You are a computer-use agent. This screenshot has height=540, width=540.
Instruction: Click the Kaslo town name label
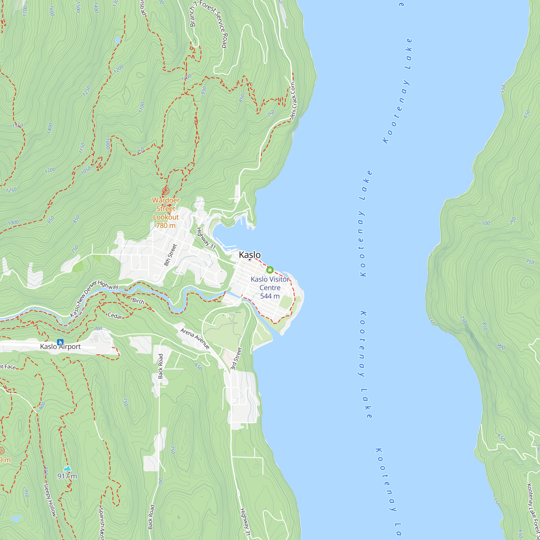[249, 255]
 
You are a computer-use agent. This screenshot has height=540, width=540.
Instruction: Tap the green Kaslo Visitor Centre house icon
[270, 270]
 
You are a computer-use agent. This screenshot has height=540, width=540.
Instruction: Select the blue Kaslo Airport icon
[60, 342]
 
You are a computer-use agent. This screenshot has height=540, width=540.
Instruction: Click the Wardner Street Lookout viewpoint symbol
[166, 191]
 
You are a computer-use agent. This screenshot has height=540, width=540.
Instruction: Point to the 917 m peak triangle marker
[67, 468]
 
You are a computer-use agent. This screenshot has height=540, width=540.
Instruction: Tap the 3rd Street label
[236, 359]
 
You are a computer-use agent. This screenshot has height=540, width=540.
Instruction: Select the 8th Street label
[170, 255]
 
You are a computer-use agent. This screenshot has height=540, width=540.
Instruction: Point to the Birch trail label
[138, 301]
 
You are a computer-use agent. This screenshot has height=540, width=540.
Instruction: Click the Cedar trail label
[115, 316]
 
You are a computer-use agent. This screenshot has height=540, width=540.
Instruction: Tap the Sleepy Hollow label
[50, 500]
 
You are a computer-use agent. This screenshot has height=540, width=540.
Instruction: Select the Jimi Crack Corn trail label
[293, 101]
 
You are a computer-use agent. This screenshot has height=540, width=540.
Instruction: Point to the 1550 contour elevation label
[17, 126]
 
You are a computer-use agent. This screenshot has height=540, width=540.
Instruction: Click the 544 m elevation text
[270, 296]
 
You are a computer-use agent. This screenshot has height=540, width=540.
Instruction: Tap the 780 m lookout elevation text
[166, 225]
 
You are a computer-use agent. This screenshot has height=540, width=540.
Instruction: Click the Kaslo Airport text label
[60, 347]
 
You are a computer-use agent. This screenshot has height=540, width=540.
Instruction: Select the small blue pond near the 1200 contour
[117, 40]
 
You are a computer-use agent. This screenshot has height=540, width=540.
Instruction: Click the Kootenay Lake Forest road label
[532, 511]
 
